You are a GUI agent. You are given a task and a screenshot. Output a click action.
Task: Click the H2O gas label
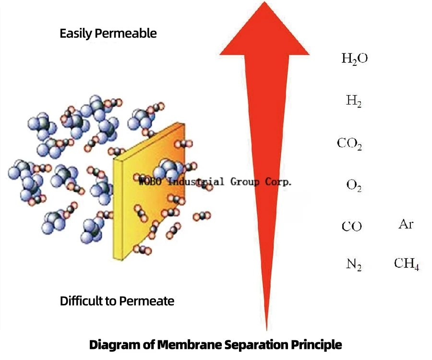click(x=355, y=59)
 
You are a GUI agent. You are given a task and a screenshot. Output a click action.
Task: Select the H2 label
click(x=354, y=101)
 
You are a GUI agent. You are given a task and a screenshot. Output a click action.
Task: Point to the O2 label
click(x=354, y=185)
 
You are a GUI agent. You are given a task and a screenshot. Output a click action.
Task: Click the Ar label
click(x=406, y=224)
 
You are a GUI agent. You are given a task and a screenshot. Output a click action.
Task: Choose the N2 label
click(x=354, y=264)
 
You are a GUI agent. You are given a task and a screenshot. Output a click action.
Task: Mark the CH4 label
click(x=407, y=264)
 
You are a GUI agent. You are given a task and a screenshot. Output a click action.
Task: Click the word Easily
click(x=76, y=34)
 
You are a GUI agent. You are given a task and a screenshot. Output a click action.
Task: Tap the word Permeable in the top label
click(x=126, y=34)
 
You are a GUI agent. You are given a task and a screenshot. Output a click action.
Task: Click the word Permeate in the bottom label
click(x=146, y=301)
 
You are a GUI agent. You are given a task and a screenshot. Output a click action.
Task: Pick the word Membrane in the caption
click(x=190, y=345)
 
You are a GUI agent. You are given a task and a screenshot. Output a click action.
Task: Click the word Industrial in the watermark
click(x=195, y=182)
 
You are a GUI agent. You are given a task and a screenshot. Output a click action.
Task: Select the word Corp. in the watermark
click(x=277, y=182)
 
